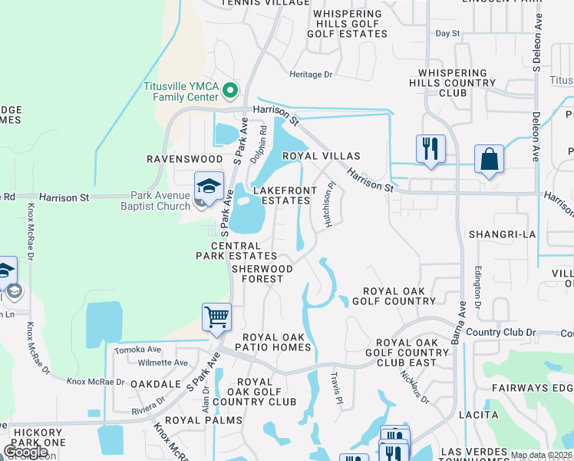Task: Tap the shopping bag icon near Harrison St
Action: pos(489,160)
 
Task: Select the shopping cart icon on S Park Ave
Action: pos(217,317)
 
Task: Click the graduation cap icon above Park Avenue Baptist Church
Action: pos(208,187)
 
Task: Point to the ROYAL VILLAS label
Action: pos(311,156)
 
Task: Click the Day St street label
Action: pos(447,34)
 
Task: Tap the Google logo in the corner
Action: pos(25,451)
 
